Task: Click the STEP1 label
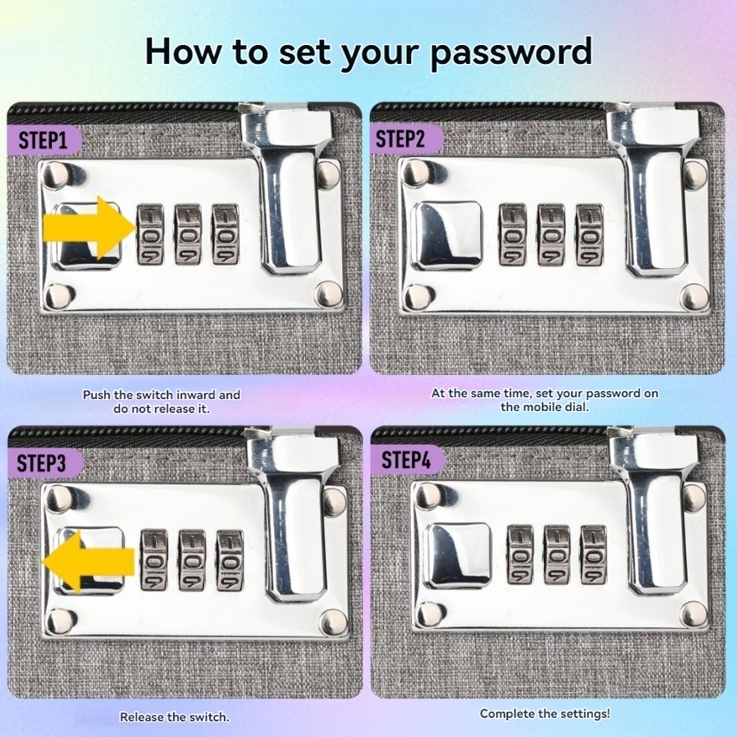coord(42,140)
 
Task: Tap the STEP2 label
coord(400,139)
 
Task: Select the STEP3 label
coord(41,464)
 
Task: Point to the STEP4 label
coord(405,460)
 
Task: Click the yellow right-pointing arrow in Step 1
coord(90,229)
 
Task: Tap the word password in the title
coord(511,52)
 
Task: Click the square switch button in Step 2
coord(447,237)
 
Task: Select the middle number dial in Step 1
coord(188,234)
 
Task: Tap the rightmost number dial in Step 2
coord(590,234)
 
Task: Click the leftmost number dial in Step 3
coord(154,560)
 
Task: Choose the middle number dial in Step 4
coord(556,555)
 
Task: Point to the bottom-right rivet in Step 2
coord(695,297)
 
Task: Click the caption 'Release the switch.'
coord(175,717)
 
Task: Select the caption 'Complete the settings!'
coord(545,713)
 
